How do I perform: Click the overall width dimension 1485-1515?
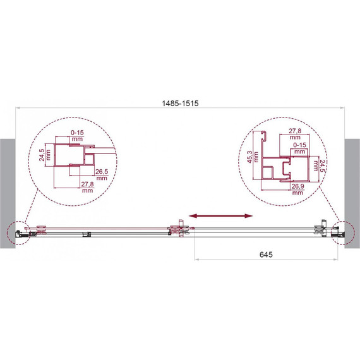tap(180, 104)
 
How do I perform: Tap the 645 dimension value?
tap(266, 255)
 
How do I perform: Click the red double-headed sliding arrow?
tap(220, 216)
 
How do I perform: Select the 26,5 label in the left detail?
tap(102, 172)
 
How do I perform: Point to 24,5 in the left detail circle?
tap(42, 155)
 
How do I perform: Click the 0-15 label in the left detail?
tap(78, 133)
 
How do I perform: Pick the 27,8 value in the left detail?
tap(87, 184)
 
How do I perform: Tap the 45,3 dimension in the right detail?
tap(249, 157)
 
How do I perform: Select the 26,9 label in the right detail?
tap(297, 186)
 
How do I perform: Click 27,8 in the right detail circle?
tap(295, 131)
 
